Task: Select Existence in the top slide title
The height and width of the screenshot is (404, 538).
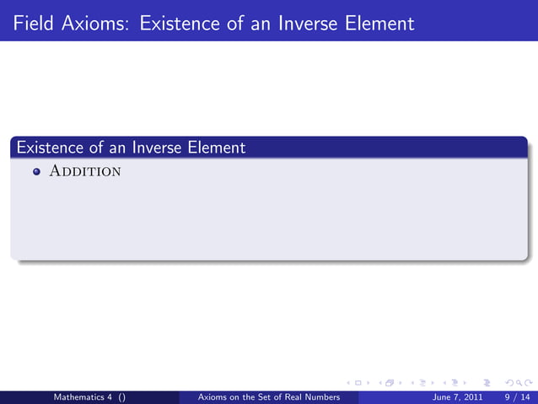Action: [x=180, y=23]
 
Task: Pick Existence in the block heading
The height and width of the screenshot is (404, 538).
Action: [x=49, y=148]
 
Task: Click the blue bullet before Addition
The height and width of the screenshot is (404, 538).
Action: [x=36, y=172]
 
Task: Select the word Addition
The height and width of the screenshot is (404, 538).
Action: [x=85, y=172]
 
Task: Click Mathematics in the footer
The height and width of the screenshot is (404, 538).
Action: [x=81, y=396]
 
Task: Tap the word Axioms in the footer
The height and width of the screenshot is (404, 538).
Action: [x=212, y=396]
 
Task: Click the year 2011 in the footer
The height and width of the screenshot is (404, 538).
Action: [x=473, y=396]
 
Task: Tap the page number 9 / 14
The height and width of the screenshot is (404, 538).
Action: [x=517, y=396]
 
